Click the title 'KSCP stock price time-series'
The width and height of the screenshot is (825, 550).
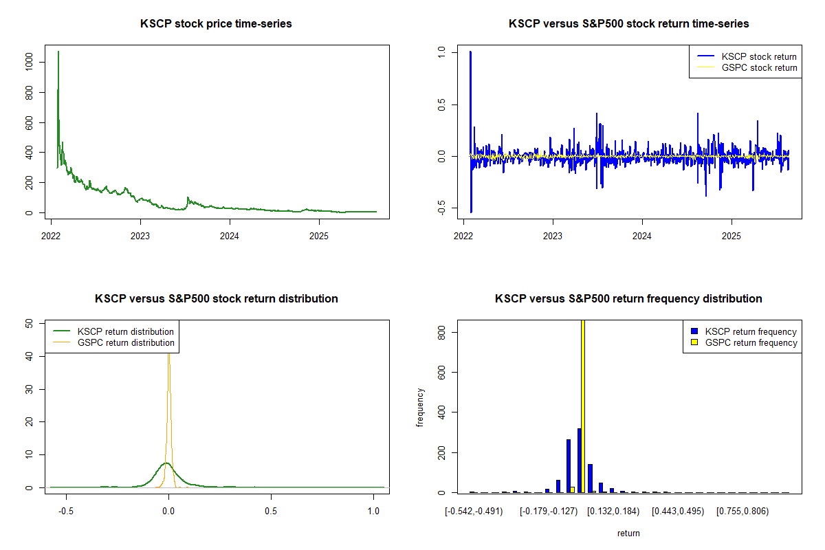click(216, 24)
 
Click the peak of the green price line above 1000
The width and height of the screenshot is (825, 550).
click(58, 52)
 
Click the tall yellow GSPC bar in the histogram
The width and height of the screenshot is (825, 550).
click(583, 406)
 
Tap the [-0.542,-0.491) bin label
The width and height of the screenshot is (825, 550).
click(474, 511)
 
